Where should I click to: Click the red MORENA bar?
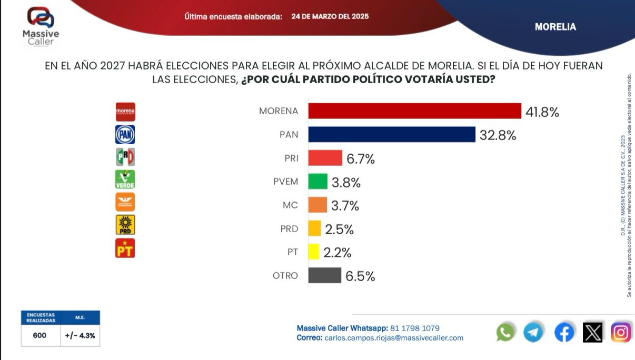coord(414,111)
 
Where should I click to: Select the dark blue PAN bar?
coord(392,134)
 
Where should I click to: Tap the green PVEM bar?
coord(317,182)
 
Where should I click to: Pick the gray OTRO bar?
coord(324,275)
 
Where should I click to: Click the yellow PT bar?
coord(314,252)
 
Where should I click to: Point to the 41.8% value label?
coord(542,112)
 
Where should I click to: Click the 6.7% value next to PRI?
coord(360,159)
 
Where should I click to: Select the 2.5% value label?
coord(339,229)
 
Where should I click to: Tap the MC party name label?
coord(290,205)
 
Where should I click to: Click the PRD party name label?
coord(289,228)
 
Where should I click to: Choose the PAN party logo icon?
coord(125,134)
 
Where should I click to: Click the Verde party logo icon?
coord(125,179)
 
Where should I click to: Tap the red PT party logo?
coord(125,248)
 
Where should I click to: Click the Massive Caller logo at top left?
coord(41,26)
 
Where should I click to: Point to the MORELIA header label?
coord(555,27)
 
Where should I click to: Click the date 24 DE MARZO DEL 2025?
coord(330,16)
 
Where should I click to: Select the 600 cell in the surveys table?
coord(39,335)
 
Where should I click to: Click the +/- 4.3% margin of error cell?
coord(80,335)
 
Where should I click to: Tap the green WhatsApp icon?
coord(505,333)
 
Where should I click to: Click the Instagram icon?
coord(621,333)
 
